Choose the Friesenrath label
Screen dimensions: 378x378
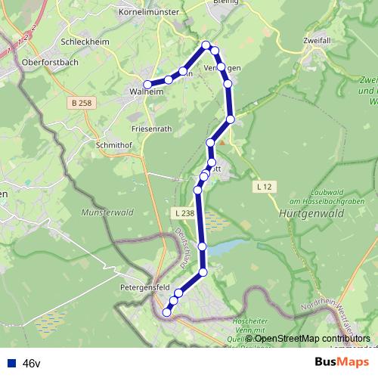[152, 129]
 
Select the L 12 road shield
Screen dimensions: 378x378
[263, 186]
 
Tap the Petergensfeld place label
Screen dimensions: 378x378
[143, 288]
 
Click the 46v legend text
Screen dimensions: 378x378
[32, 364]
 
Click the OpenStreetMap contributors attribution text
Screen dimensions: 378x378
[308, 339]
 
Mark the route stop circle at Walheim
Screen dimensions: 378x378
[148, 85]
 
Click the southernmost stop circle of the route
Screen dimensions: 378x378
[167, 311]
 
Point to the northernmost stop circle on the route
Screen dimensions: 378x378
[206, 45]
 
